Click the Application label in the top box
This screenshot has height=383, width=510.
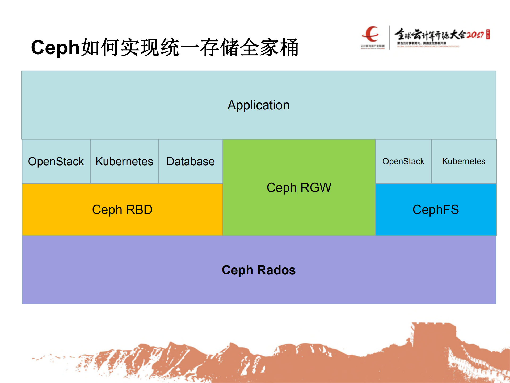click(258, 105)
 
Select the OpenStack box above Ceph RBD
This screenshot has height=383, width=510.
click(56, 162)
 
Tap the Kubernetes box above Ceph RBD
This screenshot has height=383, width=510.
click(124, 162)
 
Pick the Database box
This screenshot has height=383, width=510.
click(190, 162)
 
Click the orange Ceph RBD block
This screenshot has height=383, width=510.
click(122, 210)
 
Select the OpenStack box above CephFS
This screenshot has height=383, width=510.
click(403, 161)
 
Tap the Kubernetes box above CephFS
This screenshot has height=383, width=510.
click(463, 161)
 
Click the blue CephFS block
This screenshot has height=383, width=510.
click(436, 210)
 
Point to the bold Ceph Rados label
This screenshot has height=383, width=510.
click(259, 270)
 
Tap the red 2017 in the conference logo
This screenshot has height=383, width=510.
click(475, 35)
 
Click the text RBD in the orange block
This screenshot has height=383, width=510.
click(139, 210)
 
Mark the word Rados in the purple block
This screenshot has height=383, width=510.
click(276, 270)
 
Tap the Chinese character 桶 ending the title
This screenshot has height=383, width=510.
click(289, 48)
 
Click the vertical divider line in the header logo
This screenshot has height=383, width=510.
click(390, 37)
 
